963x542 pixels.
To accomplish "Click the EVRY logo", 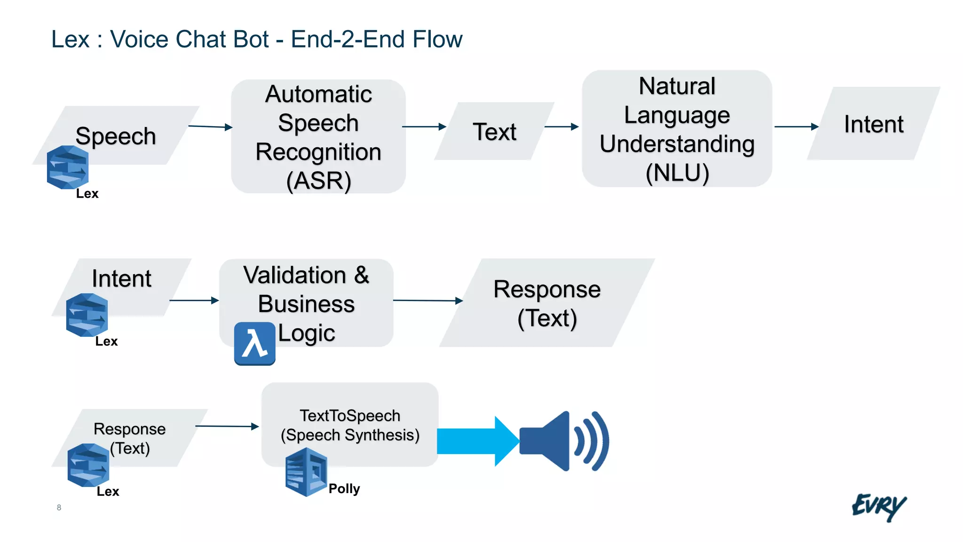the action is pyautogui.click(x=878, y=507).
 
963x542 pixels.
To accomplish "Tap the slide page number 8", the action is pyautogui.click(x=59, y=507).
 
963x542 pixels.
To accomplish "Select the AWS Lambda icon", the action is pyautogui.click(x=254, y=343).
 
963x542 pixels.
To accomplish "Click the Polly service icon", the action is pyautogui.click(x=306, y=472).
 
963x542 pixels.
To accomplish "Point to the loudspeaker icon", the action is pyautogui.click(x=563, y=441).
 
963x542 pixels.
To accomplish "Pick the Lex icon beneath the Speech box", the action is pyautogui.click(x=68, y=167).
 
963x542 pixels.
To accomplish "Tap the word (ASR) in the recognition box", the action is pyautogui.click(x=319, y=181).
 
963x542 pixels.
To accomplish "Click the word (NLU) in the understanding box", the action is pyautogui.click(x=677, y=173).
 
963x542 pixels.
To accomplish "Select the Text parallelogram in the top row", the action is pyautogui.click(x=494, y=131).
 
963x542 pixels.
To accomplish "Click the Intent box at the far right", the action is pyautogui.click(x=873, y=124).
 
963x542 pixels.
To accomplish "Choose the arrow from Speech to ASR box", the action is pyautogui.click(x=210, y=126).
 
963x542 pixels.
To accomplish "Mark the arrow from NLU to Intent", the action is pyautogui.click(x=796, y=127).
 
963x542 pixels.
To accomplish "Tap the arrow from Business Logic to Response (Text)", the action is pyautogui.click(x=427, y=300).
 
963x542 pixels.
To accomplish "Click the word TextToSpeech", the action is pyautogui.click(x=350, y=416).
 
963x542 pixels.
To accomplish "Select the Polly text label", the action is pyautogui.click(x=344, y=489).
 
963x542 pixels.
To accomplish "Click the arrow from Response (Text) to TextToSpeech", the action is pyautogui.click(x=227, y=426).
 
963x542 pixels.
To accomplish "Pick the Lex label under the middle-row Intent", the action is pyautogui.click(x=106, y=341).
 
